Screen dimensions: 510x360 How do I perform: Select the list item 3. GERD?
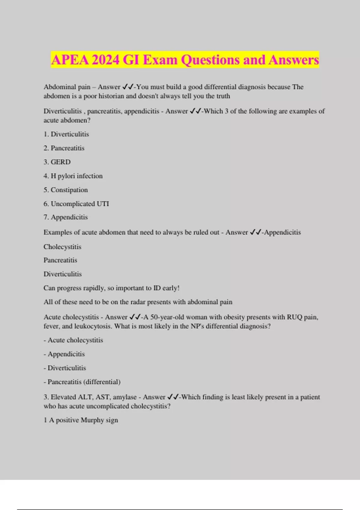click(57, 162)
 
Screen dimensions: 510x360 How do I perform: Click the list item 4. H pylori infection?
click(73, 176)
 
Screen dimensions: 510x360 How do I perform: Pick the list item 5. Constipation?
click(66, 190)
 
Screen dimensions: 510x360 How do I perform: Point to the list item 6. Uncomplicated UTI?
click(76, 204)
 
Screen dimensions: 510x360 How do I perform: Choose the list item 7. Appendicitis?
click(66, 217)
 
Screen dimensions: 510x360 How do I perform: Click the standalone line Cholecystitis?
click(62, 247)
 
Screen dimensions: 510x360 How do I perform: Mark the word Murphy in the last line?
click(92, 420)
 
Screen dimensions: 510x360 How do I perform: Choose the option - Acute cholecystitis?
click(73, 340)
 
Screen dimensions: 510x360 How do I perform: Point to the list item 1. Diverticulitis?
click(66, 134)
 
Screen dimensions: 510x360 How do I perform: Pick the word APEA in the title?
click(70, 60)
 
